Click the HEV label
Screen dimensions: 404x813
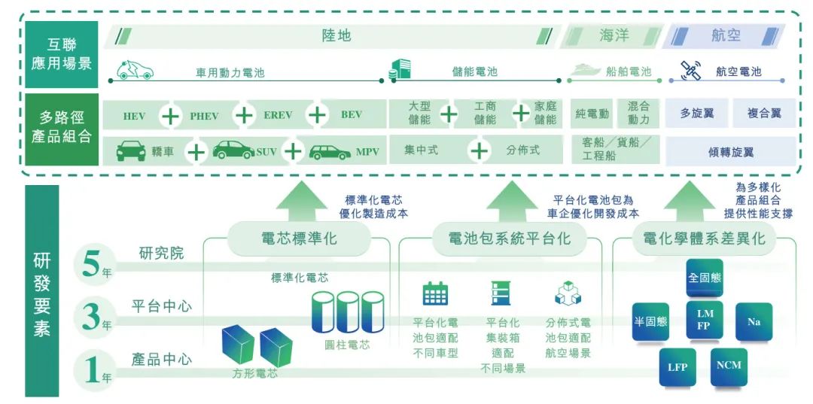[x=135, y=116]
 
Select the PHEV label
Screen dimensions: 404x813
[x=204, y=116]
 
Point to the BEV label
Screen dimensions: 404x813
[x=352, y=115]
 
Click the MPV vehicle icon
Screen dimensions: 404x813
[x=330, y=151]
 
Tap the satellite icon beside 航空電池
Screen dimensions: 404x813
[x=690, y=71]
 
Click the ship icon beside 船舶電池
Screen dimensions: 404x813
[x=586, y=71]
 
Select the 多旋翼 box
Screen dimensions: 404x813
[x=696, y=114]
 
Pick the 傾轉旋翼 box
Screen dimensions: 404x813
[x=730, y=151]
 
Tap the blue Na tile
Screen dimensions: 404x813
[x=753, y=322]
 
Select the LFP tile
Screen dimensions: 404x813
[x=677, y=368]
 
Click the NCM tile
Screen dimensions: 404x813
[x=729, y=366]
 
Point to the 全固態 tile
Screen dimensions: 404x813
[x=705, y=278]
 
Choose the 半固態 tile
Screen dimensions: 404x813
[x=650, y=321]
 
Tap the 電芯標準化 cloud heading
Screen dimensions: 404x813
[x=299, y=238]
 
